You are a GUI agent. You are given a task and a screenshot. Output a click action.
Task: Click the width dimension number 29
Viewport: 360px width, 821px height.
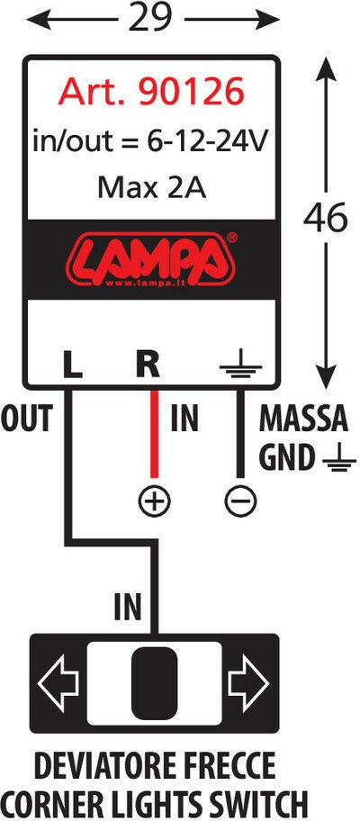tap(149, 19)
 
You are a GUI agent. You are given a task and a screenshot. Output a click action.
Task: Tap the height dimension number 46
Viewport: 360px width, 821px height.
tap(325, 216)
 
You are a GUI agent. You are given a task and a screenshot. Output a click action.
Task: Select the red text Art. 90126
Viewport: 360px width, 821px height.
tap(151, 92)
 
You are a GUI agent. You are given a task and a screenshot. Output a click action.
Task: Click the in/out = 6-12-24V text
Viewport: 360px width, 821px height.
tap(151, 141)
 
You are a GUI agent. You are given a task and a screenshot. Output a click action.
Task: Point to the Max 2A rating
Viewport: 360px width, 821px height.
tap(152, 188)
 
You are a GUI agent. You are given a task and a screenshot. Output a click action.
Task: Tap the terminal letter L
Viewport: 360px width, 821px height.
tap(72, 365)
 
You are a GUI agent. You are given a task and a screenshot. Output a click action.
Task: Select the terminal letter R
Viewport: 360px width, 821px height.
tap(148, 365)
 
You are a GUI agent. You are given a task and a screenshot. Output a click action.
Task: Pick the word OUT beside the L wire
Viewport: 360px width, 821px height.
tap(27, 419)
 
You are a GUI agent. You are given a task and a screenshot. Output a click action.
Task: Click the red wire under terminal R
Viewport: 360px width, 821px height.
tap(154, 434)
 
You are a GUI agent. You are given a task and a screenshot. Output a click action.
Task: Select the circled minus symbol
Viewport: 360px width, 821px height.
tap(240, 501)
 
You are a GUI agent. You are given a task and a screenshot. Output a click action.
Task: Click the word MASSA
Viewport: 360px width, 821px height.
tap(303, 419)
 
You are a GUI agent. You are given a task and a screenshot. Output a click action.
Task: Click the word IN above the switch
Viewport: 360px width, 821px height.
tap(128, 607)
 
